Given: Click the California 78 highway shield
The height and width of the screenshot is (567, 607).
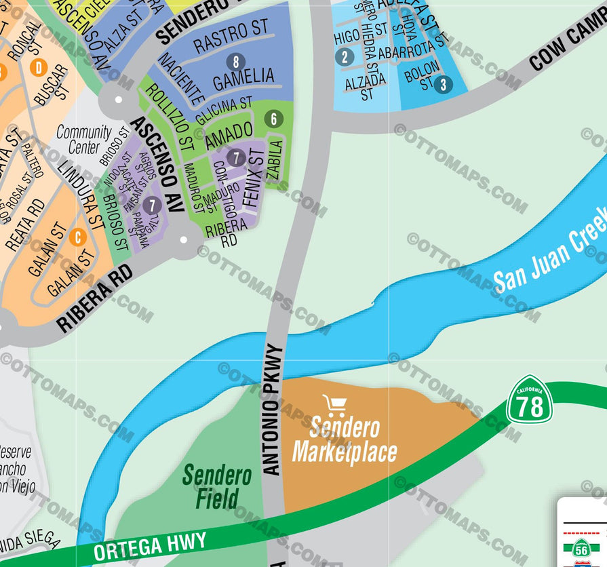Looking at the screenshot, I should (x=530, y=402).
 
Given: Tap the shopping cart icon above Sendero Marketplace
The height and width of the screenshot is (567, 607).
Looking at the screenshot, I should (x=335, y=405).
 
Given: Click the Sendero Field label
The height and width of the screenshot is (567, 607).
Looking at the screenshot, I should (x=217, y=486).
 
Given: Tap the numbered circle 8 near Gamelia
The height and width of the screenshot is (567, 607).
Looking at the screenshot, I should (x=235, y=62).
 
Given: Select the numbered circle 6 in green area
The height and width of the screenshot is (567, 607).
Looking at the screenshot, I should (x=274, y=119).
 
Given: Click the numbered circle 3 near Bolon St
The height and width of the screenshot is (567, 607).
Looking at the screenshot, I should (x=443, y=85).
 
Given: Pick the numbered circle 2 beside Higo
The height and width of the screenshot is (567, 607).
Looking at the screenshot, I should (x=345, y=57).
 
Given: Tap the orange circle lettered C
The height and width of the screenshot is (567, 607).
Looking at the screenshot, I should (x=78, y=237).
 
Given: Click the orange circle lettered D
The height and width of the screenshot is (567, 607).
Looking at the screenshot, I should (x=39, y=67).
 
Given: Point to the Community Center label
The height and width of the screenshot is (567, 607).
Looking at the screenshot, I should (x=84, y=139).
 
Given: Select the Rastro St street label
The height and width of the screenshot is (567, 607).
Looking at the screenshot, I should (x=231, y=37).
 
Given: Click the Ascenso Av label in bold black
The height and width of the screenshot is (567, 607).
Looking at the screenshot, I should (x=157, y=163).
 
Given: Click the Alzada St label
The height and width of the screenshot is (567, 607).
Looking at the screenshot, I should (x=366, y=85).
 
